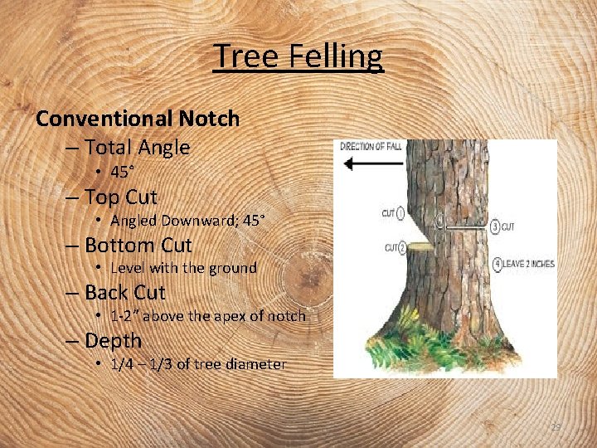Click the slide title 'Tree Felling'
[x=298, y=56]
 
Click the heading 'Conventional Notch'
[x=138, y=119]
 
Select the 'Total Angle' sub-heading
[x=138, y=148]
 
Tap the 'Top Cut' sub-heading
[x=121, y=197]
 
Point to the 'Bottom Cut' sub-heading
[x=138, y=246]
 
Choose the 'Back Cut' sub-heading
[x=125, y=293]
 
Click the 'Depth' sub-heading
[x=114, y=340]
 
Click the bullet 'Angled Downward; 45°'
[x=187, y=221]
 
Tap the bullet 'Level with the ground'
[x=183, y=268]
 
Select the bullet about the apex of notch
[x=207, y=316]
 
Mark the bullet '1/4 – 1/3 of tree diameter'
[x=198, y=363]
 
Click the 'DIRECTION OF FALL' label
[x=371, y=146]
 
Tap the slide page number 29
[x=556, y=426]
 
